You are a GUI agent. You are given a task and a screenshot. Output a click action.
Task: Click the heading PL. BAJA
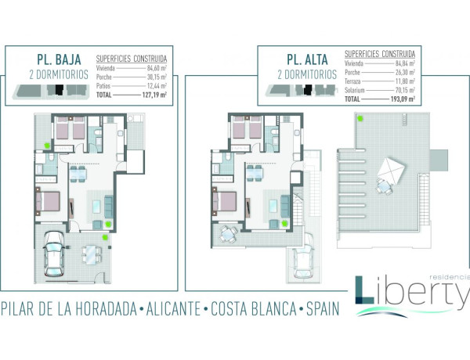tap(56, 59)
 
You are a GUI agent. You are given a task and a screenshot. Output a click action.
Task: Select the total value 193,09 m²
tap(403, 100)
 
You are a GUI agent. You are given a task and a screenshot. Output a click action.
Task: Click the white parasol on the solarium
tap(389, 168)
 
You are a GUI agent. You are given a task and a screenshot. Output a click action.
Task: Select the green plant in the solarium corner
tap(361, 119)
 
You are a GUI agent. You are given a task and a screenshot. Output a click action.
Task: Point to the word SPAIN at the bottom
tap(323, 308)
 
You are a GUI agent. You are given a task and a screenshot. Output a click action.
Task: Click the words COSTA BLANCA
tap(250, 308)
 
